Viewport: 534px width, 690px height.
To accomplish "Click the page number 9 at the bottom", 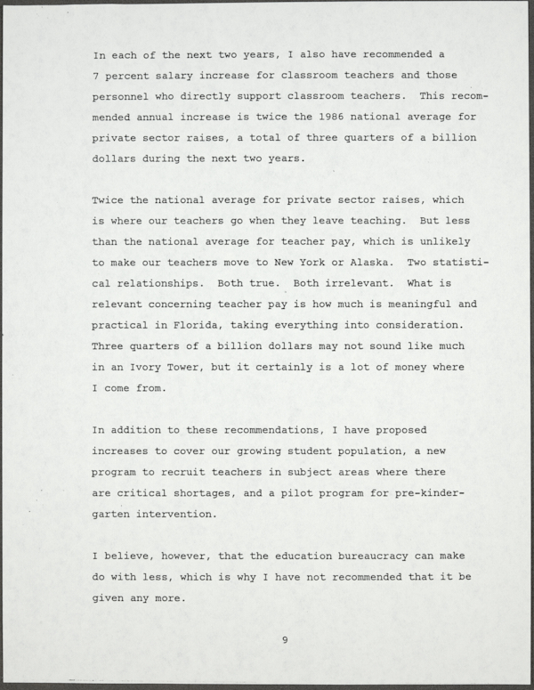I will coord(285,638).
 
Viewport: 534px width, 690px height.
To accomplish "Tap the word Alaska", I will coord(360,263).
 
